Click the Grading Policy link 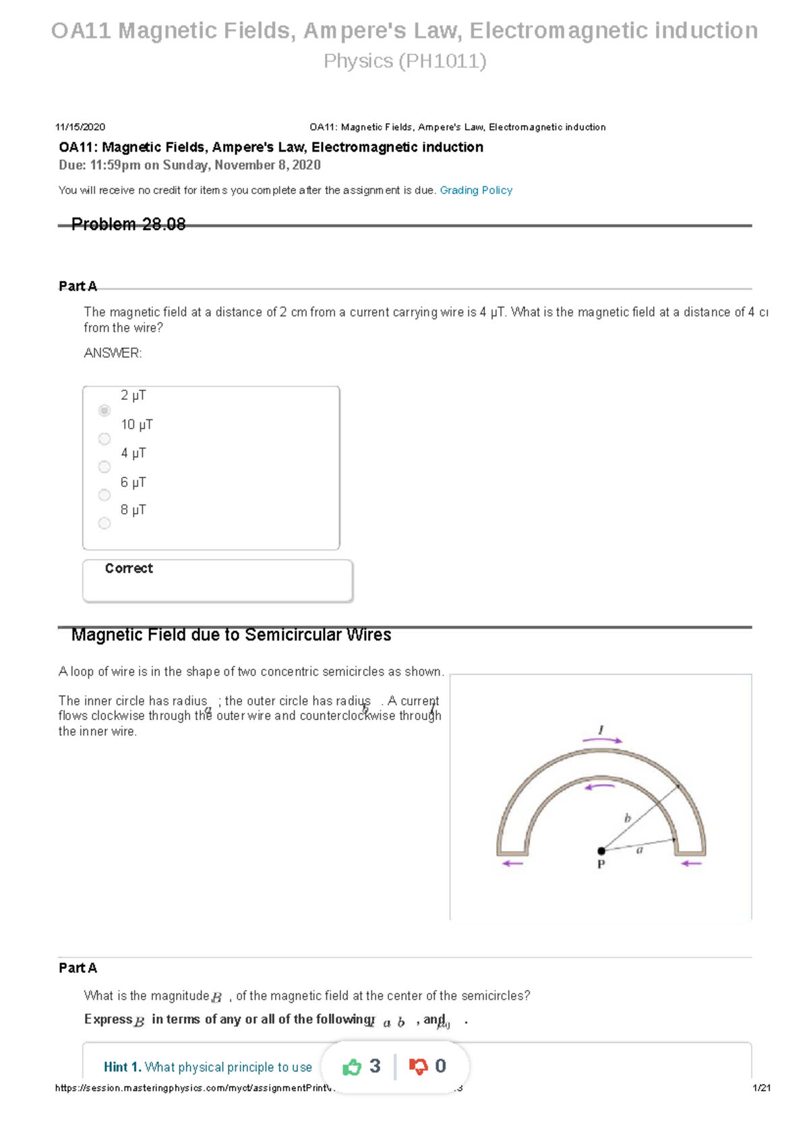coord(476,190)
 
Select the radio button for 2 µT coord(104,410)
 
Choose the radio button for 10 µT coord(104,439)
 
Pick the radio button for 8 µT coord(104,523)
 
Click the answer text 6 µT coord(133,482)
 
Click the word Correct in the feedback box coord(129,568)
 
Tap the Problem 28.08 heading coord(128,225)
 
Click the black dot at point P coord(601,851)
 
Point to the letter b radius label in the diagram coord(628,818)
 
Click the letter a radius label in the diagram coord(640,850)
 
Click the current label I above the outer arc coord(601,730)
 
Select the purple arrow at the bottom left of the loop coord(513,863)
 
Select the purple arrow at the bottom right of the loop coord(692,863)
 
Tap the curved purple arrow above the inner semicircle coord(599,786)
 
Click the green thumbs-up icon coord(352,1067)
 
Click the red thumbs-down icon coord(419,1067)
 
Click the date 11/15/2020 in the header coord(80,127)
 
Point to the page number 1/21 coord(761,1088)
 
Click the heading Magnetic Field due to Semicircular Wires coord(231,635)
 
